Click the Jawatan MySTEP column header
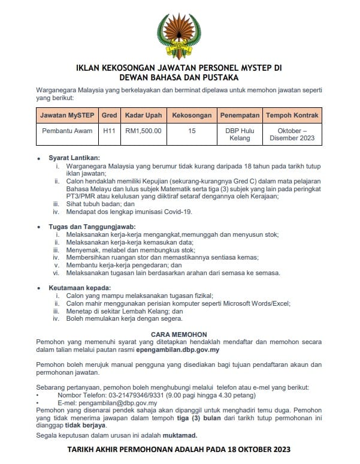coord(67,115)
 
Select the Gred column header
coord(109,115)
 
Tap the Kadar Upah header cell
coord(143,115)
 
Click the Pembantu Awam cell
coord(67,131)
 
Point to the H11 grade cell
coord(109,131)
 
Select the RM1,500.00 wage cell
coord(143,131)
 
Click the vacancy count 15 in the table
coord(191,131)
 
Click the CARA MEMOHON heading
coord(180,334)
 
